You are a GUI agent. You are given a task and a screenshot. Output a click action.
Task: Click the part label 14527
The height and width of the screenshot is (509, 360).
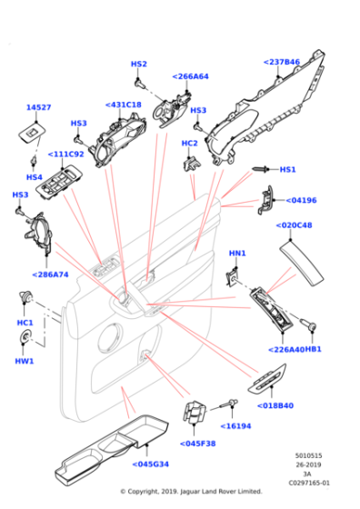pyautogui.click(x=38, y=107)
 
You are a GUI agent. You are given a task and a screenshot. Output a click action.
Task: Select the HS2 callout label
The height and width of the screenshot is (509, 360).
pyautogui.click(x=138, y=65)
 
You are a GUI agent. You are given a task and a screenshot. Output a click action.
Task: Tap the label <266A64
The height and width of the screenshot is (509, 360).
pyautogui.click(x=190, y=76)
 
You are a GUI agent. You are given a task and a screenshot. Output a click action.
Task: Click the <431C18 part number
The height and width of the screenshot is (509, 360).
pyautogui.click(x=124, y=105)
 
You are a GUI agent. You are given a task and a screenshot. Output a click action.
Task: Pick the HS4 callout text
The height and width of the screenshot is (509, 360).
pyautogui.click(x=34, y=177)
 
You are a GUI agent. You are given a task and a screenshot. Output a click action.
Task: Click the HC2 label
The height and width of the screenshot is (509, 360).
pyautogui.click(x=189, y=144)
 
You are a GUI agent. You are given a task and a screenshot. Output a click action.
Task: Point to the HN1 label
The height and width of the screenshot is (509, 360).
pyautogui.click(x=236, y=253)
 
